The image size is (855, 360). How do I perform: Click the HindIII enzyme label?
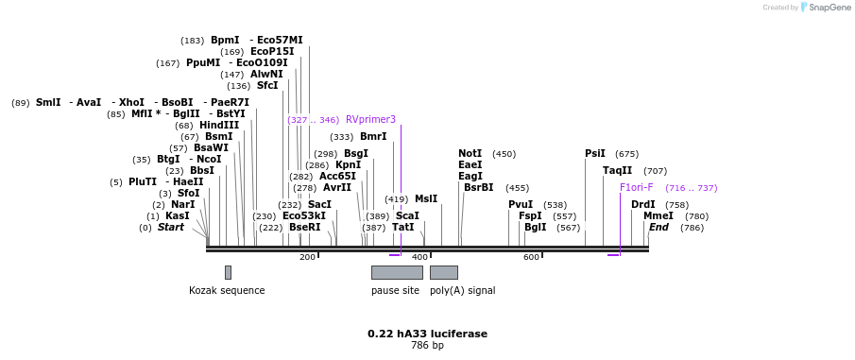219,126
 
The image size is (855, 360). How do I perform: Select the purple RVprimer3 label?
370,120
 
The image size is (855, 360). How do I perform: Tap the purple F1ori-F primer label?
636,188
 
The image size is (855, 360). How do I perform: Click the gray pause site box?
397,272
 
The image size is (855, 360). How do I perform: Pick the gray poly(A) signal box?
443,272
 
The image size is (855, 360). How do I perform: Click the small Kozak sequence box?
228,272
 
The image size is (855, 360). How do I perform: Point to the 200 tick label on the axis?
307,258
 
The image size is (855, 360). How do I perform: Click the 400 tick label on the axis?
419,258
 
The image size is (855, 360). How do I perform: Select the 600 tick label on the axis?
531,258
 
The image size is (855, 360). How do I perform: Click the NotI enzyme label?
470,154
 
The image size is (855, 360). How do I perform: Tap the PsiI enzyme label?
595,154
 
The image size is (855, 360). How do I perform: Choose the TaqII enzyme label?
618,171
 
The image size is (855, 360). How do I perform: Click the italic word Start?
171,228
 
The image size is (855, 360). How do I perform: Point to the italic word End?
658,228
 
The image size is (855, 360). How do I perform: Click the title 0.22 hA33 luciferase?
427,334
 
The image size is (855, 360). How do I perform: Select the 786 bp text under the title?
427,346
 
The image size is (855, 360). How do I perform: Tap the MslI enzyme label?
426,199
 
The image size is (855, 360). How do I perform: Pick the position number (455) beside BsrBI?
517,188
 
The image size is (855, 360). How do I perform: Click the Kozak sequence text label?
227,291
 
